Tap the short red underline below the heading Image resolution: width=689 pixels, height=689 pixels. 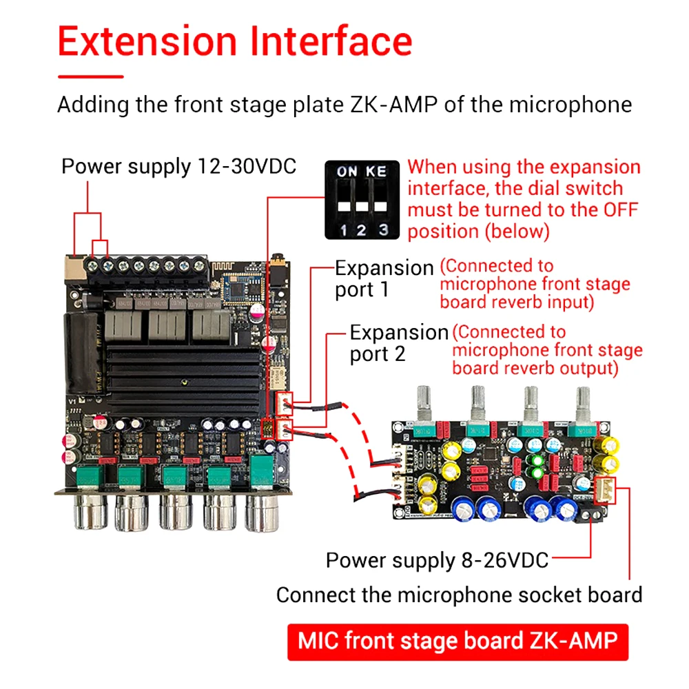click(x=90, y=76)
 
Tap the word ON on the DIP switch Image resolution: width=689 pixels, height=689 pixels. click(x=347, y=171)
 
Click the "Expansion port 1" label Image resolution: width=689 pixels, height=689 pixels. click(x=384, y=278)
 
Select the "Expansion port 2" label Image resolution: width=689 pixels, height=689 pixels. click(x=398, y=343)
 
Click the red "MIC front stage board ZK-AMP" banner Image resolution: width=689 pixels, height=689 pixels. click(x=457, y=641)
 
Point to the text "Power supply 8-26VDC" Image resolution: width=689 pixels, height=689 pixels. click(x=437, y=560)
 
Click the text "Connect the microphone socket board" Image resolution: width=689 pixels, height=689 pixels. click(x=459, y=595)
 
